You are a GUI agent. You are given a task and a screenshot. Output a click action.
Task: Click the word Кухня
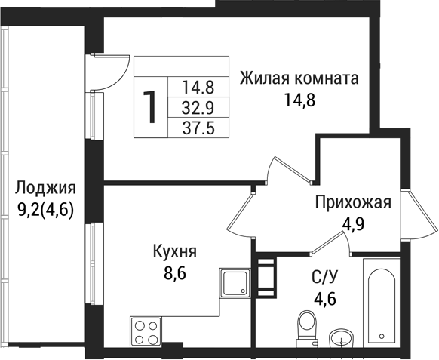(x=174, y=251)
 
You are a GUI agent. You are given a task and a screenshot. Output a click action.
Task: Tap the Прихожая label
(x=352, y=202)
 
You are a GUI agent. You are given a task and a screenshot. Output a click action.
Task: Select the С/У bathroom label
(x=324, y=276)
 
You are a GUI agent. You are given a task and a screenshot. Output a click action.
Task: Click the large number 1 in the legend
(x=151, y=106)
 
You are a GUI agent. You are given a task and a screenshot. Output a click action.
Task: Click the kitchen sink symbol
(x=237, y=285)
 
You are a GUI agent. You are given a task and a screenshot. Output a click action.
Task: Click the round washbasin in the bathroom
(x=345, y=337)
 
